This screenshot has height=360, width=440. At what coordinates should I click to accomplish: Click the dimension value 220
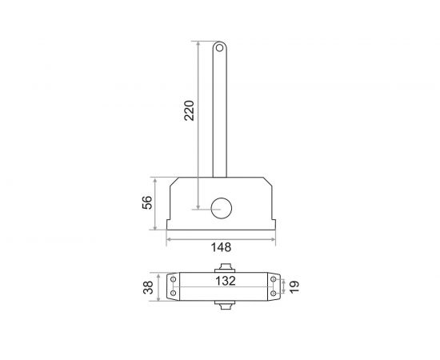click(x=189, y=110)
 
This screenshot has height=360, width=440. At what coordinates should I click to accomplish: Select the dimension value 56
click(x=147, y=202)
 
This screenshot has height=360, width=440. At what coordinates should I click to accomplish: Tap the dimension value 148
click(x=221, y=247)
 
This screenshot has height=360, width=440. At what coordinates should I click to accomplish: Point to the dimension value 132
click(x=226, y=281)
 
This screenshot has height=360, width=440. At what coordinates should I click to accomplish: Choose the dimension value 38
click(x=148, y=287)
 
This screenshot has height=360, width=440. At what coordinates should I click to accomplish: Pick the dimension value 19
click(x=294, y=287)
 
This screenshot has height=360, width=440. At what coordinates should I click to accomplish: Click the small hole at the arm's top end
click(x=219, y=48)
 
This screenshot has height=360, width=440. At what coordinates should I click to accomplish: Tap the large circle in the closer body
click(x=221, y=208)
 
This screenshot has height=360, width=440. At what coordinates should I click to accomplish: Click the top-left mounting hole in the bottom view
click(x=173, y=279)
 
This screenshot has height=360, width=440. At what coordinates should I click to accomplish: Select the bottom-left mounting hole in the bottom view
click(x=173, y=294)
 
